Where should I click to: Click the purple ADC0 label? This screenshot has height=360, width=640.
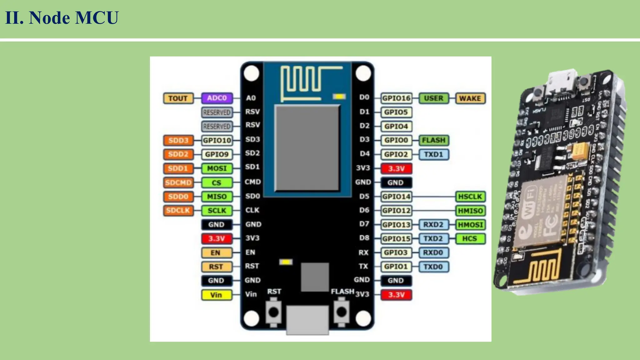click(x=217, y=98)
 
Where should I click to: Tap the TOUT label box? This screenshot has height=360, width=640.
click(x=178, y=98)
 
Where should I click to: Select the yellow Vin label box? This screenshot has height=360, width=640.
click(x=217, y=295)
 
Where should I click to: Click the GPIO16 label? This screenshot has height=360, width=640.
click(x=396, y=98)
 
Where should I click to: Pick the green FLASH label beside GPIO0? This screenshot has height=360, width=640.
click(x=433, y=140)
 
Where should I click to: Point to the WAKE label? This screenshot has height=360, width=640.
click(x=470, y=98)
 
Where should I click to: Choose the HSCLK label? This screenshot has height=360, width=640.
click(x=470, y=197)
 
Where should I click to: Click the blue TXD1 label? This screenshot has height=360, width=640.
click(x=433, y=154)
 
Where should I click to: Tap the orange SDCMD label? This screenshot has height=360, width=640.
click(x=178, y=182)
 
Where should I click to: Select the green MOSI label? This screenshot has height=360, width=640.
click(x=217, y=168)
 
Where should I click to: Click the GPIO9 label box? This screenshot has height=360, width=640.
click(x=217, y=154)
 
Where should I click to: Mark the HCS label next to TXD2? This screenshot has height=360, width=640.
click(x=470, y=239)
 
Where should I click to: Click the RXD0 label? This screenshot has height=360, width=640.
click(x=433, y=252)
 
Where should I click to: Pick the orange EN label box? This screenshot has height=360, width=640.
click(x=216, y=252)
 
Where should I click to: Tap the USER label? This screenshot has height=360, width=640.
click(x=433, y=98)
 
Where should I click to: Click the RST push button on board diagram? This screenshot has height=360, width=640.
click(x=273, y=312)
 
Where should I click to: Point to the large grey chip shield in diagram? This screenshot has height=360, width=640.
click(x=307, y=148)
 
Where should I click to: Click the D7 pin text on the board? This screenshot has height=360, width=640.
click(x=364, y=224)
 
